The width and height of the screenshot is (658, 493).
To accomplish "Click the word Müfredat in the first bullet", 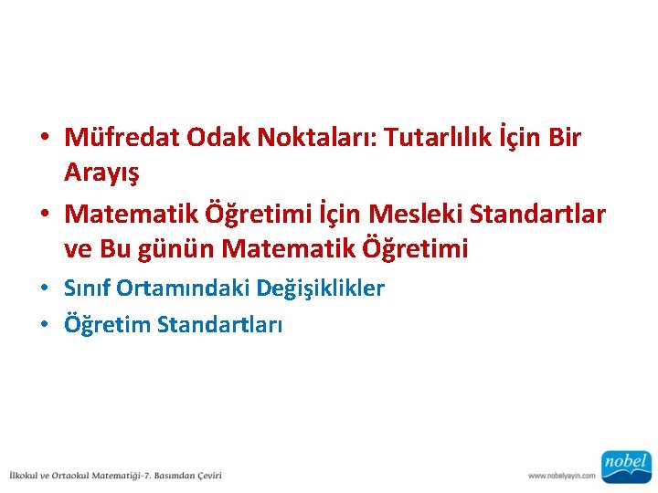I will click(x=122, y=138).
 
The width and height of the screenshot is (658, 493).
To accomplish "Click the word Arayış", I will click(x=103, y=172).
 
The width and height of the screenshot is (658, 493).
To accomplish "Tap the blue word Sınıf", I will click(x=84, y=288).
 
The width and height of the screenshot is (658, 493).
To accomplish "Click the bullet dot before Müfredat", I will click(x=44, y=139).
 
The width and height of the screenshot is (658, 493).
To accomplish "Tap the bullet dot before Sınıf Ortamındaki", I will click(x=44, y=289).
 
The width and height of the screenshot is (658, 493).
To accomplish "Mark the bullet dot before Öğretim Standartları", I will click(x=44, y=325).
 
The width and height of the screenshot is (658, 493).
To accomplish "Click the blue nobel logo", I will click(x=625, y=466).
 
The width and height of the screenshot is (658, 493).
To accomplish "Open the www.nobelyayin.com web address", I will click(x=561, y=475).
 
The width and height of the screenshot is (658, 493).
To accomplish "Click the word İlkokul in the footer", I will click(x=28, y=475).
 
